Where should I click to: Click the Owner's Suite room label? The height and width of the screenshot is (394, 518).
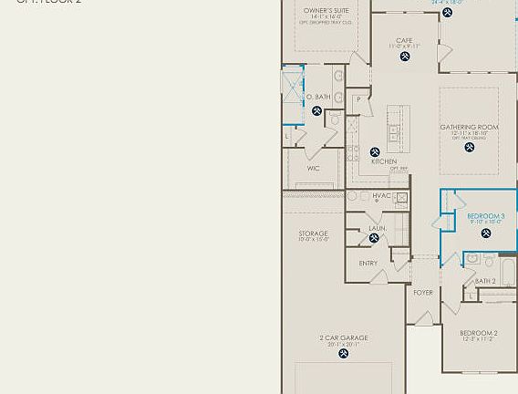pyautogui.click(x=326, y=11)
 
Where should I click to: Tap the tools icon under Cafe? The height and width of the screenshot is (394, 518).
pyautogui.click(x=405, y=57)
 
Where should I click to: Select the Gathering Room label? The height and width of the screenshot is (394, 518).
pyautogui.click(x=470, y=128)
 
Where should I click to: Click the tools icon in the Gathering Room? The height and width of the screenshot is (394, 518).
pyautogui.click(x=470, y=147)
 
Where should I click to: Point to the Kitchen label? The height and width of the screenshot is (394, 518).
pyautogui.click(x=384, y=161)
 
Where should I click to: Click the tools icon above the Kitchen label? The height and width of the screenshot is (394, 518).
pyautogui.click(x=375, y=152)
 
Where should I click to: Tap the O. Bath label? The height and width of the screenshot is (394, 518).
pyautogui.click(x=317, y=98)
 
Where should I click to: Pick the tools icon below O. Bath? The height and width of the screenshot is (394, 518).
pyautogui.click(x=317, y=111)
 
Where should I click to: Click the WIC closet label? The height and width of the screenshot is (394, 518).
pyautogui.click(x=313, y=169)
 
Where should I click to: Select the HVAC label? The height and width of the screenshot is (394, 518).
pyautogui.click(x=381, y=196)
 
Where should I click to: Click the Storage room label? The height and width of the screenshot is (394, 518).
pyautogui.click(x=313, y=234)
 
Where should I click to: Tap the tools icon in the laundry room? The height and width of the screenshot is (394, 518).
pyautogui.click(x=374, y=238)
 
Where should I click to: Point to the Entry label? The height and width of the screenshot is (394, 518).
pyautogui.click(x=368, y=264)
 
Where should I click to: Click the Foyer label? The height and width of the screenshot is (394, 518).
pyautogui.click(x=423, y=293)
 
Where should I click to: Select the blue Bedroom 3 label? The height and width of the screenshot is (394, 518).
pyautogui.click(x=486, y=217)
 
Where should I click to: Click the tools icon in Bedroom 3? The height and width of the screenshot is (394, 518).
pyautogui.click(x=486, y=233)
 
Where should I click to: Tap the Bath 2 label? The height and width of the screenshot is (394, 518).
pyautogui.click(x=485, y=281)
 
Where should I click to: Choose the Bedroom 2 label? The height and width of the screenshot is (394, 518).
pyautogui.click(x=479, y=334)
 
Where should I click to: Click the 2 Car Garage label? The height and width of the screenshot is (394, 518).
pyautogui.click(x=344, y=338)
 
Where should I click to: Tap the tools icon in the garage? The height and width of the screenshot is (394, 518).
pyautogui.click(x=344, y=354)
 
